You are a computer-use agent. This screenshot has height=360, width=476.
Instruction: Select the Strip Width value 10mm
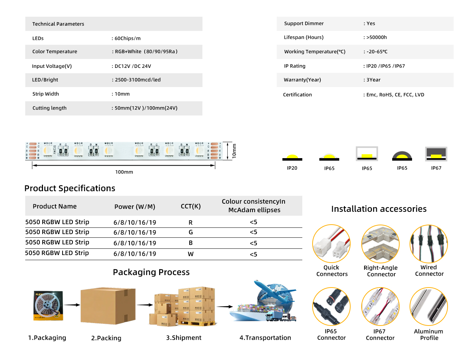pos(122,94)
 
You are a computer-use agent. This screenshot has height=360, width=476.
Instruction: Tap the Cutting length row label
pos(49,108)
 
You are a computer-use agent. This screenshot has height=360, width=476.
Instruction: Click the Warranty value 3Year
pos(373,80)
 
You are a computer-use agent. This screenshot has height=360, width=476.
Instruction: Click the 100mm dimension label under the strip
pos(124,172)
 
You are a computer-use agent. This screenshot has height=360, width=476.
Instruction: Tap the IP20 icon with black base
pos(292,157)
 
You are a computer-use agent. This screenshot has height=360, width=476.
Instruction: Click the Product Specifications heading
pos(70,188)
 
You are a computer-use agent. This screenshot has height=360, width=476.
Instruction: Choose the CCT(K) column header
pos(191,206)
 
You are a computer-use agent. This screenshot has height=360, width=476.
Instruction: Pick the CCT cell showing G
pos(191,232)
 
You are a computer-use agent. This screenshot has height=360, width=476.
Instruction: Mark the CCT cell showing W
pos(191,254)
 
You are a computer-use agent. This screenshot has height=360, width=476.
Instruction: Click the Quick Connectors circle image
pos(331,244)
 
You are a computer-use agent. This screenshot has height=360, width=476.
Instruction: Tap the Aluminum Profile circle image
pos(428,306)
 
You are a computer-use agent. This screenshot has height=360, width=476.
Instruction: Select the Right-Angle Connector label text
pos(381,271)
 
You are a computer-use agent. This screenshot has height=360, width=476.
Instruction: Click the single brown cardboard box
pos(108,306)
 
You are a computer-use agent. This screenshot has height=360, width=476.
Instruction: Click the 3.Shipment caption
pos(184,338)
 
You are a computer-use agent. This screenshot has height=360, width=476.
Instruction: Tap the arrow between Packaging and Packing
pos(72,305)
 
